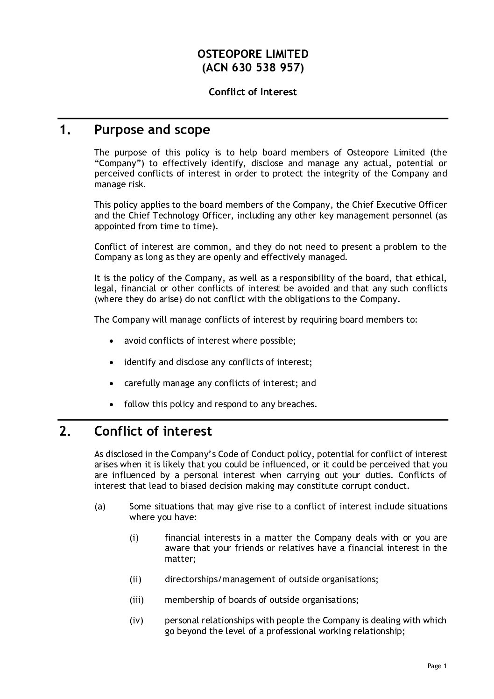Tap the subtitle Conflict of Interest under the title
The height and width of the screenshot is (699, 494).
tap(253, 92)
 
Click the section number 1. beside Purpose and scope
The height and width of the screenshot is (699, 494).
tap(65, 130)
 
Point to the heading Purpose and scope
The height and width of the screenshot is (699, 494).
tap(152, 130)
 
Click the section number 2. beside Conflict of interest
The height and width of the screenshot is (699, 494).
tap(65, 431)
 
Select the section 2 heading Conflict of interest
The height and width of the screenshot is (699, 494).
tap(153, 431)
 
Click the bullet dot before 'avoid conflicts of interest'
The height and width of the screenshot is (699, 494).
tap(111, 341)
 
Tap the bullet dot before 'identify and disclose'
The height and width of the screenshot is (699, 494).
tap(111, 362)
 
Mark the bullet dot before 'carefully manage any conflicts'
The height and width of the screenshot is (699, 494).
tap(111, 383)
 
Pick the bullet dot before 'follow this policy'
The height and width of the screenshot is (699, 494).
tap(111, 404)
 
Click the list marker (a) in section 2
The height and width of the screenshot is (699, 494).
tap(100, 507)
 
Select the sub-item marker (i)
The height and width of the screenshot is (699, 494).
tap(134, 538)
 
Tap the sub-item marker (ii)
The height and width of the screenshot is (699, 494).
tap(135, 579)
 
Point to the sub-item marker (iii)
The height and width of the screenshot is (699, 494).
tap(136, 600)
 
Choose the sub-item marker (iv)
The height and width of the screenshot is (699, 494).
tap(136, 621)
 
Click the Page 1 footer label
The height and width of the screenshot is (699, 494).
tap(437, 666)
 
